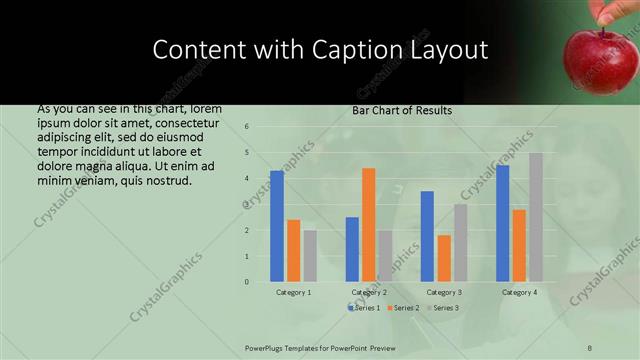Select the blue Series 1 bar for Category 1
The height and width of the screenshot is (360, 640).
(x=277, y=226)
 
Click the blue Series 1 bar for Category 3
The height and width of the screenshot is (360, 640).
(x=427, y=236)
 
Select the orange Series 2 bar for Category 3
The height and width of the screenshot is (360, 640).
(x=443, y=258)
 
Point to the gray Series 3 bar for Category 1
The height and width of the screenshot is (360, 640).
(x=310, y=256)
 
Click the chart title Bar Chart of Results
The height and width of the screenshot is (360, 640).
(x=402, y=110)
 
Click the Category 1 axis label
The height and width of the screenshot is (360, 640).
(x=293, y=292)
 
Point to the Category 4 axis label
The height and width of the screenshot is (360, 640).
(x=518, y=292)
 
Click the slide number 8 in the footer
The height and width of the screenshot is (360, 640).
(x=590, y=347)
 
